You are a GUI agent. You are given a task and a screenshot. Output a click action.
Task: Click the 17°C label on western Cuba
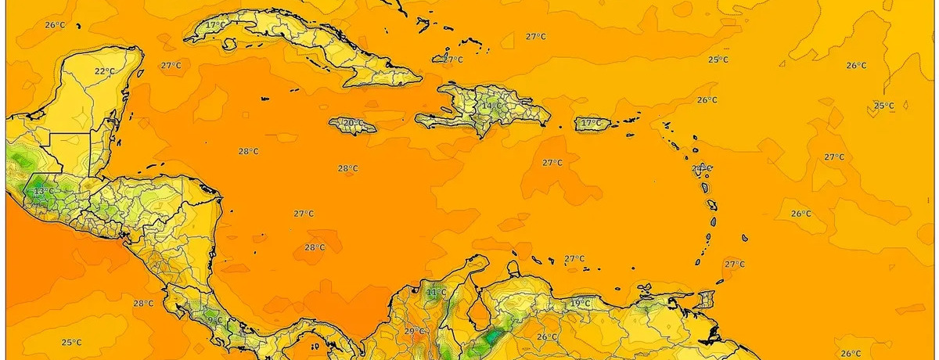[x=215, y=25]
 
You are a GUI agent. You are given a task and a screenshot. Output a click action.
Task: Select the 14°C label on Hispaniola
[x=491, y=106]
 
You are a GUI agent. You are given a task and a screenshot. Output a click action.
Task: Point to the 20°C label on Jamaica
[x=352, y=123]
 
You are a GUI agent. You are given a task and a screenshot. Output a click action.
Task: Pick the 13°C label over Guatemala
[x=43, y=190]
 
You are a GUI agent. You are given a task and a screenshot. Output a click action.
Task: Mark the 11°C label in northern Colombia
[x=436, y=293]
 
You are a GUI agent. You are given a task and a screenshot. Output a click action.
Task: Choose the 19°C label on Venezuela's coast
[x=580, y=303]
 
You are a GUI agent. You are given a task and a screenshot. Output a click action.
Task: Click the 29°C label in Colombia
[x=414, y=331]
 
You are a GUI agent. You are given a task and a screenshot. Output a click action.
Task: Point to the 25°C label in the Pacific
[x=71, y=342]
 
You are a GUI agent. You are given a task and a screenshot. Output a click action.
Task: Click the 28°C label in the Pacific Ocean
[x=142, y=304]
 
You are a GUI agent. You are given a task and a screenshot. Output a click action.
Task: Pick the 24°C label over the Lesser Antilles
[x=701, y=168]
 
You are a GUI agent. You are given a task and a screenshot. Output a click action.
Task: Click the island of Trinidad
[x=707, y=300]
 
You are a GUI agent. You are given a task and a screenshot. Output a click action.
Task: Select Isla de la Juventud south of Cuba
[x=267, y=99]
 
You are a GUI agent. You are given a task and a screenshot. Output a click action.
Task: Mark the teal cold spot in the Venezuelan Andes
[x=492, y=338]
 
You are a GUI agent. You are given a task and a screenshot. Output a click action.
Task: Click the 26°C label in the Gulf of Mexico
[x=55, y=25]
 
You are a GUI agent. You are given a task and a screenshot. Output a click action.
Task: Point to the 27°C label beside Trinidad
[x=734, y=264]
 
